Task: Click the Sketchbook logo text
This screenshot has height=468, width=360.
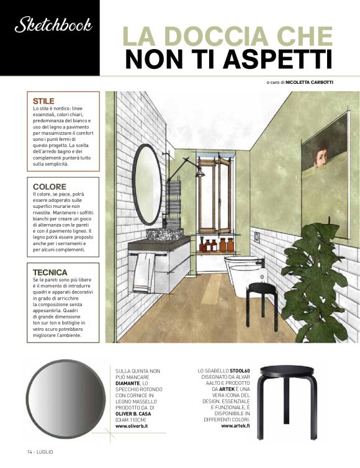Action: tap(53, 25)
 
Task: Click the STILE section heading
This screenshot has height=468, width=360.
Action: tap(44, 101)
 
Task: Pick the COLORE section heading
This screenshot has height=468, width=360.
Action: tap(50, 186)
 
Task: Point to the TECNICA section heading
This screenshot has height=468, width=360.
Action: tap(50, 272)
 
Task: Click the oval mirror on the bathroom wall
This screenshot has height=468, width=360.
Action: tap(147, 184)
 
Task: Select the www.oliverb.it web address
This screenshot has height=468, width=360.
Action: tap(136, 426)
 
